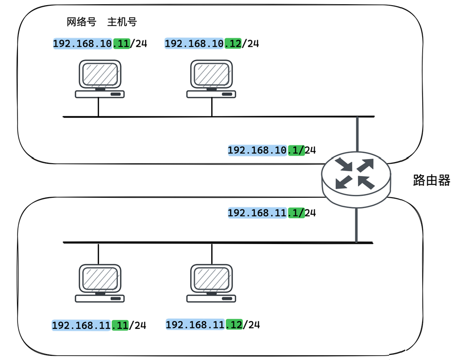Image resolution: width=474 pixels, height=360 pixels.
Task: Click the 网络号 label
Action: click(x=81, y=22)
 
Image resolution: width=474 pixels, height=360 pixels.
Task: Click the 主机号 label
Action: click(x=122, y=22)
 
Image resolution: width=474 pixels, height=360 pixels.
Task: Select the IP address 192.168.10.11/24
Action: click(x=100, y=44)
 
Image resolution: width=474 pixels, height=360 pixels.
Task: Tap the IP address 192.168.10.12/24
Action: click(x=212, y=44)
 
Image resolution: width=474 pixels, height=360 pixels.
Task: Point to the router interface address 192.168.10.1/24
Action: click(x=272, y=151)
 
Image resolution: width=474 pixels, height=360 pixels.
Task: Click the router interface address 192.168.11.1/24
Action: click(x=272, y=213)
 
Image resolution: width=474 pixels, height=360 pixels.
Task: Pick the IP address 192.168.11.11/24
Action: click(x=99, y=326)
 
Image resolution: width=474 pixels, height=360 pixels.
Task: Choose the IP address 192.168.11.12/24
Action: click(x=213, y=325)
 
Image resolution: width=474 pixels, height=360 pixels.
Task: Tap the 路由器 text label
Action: click(x=432, y=180)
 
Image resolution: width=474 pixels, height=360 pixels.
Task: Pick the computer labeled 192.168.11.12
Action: click(x=211, y=283)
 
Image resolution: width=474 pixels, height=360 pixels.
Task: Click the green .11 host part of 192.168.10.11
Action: click(x=121, y=44)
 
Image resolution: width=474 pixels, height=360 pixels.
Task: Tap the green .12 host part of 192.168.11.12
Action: click(x=234, y=325)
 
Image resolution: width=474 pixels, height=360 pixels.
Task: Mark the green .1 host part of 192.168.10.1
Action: click(x=296, y=151)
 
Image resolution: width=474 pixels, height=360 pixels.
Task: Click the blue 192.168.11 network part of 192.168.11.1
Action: click(x=258, y=213)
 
